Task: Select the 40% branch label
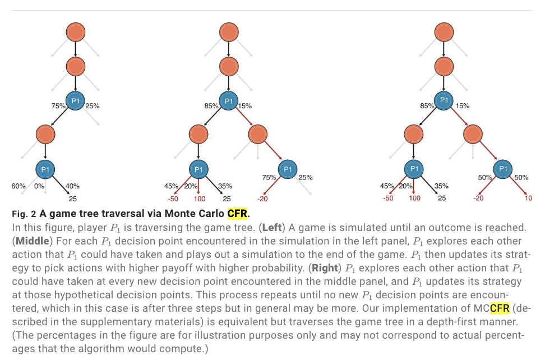72,186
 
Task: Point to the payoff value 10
528,198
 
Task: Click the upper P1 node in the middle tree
228,101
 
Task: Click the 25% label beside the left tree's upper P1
93,105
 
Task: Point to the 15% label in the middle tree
245,105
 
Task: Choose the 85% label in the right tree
428,105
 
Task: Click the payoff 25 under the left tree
72,198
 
